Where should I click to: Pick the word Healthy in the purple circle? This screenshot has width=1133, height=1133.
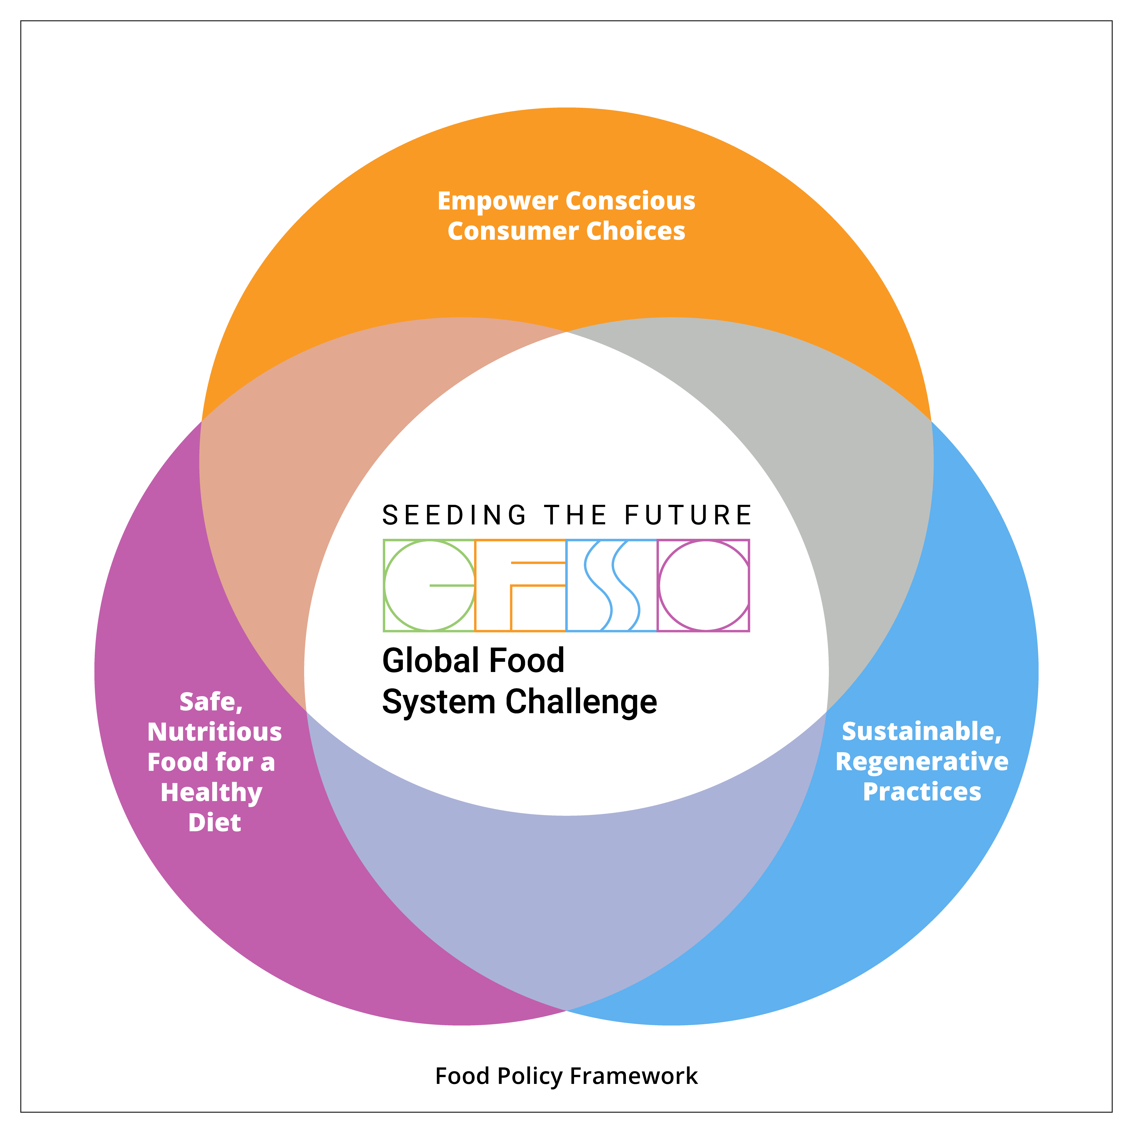211,793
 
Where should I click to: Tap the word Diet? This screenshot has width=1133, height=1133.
215,823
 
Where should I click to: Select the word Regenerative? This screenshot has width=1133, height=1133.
922,762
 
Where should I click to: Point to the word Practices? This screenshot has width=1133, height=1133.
922,792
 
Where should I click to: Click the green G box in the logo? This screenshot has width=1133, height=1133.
429,585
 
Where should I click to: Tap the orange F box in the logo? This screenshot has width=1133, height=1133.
520,585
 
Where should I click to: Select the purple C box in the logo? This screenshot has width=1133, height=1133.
703,585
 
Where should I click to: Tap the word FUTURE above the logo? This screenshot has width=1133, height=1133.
688,515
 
